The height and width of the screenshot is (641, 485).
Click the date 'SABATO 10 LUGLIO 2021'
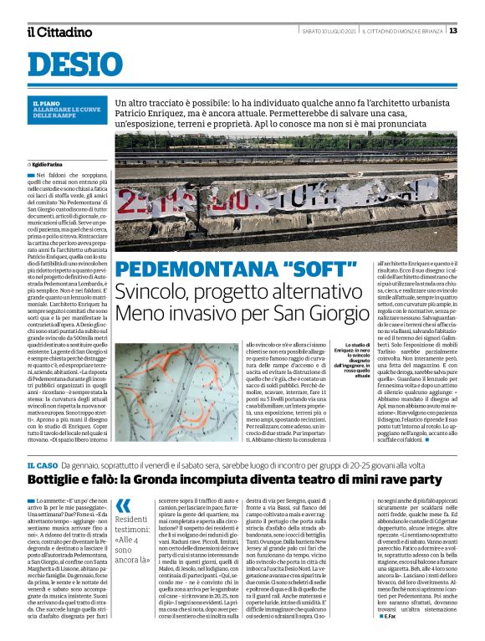[329, 31]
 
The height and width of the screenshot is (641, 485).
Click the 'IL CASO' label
[43, 464]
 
